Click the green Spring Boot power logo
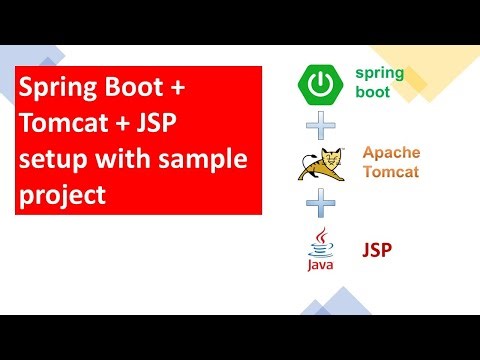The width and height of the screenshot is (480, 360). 318,85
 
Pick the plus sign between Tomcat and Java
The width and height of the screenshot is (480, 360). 319,205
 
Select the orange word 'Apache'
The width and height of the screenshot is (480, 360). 390,152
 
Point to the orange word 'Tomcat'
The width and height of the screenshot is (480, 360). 390,172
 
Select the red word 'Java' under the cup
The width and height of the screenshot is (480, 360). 319,267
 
